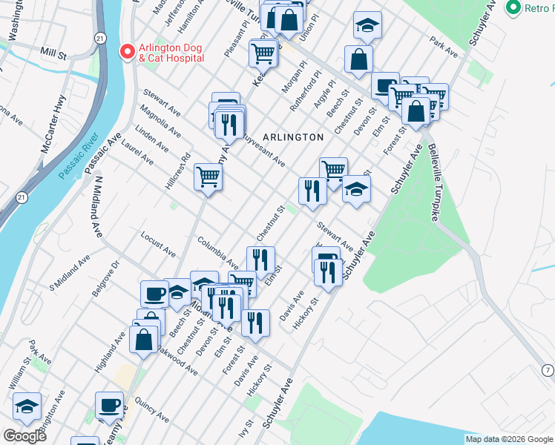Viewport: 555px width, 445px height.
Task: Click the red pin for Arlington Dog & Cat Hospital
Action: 127,52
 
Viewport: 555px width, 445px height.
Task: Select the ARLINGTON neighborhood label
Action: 293,137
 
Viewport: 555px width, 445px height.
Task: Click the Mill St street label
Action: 54,54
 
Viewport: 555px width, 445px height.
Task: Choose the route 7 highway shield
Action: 547,369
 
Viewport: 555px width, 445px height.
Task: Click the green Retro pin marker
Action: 511,8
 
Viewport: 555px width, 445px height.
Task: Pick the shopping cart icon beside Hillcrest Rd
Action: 208,177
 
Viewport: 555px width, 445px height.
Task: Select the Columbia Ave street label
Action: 217,252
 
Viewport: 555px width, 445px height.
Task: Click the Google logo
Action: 24,436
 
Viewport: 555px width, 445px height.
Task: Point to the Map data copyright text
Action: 508,439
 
